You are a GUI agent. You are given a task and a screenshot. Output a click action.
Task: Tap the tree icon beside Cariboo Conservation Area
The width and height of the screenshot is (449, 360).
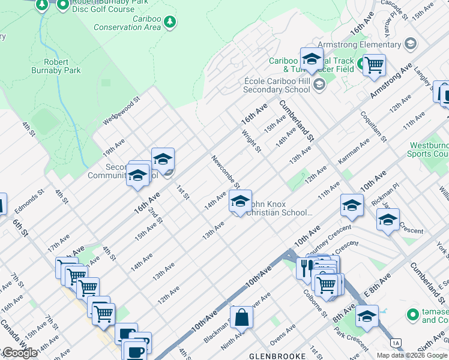[171, 22]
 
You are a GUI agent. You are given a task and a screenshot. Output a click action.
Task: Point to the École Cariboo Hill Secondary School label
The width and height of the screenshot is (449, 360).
[277, 85]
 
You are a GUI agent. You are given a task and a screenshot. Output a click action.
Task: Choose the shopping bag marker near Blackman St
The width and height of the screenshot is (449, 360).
[241, 317]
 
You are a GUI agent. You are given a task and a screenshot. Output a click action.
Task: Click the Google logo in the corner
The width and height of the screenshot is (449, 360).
[19, 353]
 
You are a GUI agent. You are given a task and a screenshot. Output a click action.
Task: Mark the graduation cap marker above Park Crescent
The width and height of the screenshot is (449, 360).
[366, 316]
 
